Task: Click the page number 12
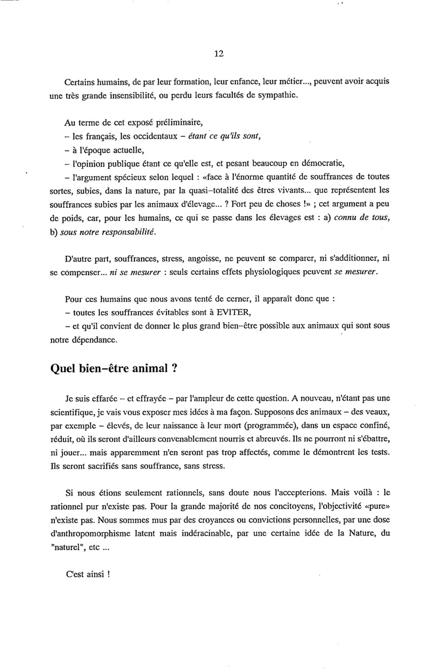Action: [219, 53]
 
